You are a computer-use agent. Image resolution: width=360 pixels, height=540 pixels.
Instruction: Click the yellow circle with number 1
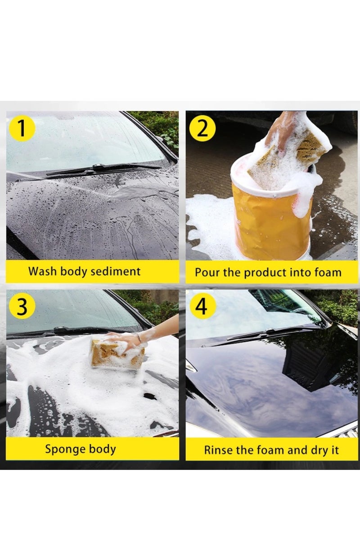coord(21,128)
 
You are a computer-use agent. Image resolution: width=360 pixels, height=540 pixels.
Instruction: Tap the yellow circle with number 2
coord(202,128)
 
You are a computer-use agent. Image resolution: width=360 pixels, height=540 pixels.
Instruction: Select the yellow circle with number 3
coord(21,306)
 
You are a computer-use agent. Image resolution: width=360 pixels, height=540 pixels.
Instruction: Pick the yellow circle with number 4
coord(202,306)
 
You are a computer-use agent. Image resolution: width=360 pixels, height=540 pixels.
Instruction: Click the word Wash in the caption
coord(41,271)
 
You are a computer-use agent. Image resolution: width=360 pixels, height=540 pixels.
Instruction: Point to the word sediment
coord(118,271)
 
